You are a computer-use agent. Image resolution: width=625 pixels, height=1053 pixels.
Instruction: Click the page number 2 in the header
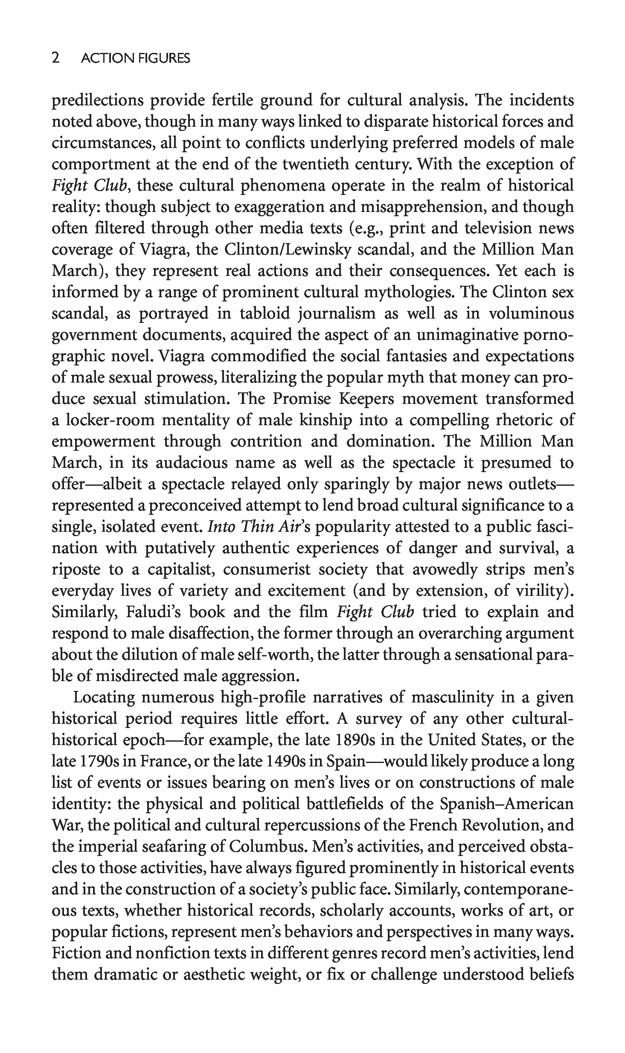click(55, 58)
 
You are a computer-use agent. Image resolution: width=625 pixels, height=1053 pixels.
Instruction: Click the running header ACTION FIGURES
click(135, 58)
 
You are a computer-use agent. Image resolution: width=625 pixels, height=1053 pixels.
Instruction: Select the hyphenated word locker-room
click(110, 420)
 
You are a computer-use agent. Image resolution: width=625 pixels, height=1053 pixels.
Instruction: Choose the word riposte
click(76, 569)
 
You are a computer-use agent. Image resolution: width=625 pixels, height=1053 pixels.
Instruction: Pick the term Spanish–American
click(506, 804)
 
